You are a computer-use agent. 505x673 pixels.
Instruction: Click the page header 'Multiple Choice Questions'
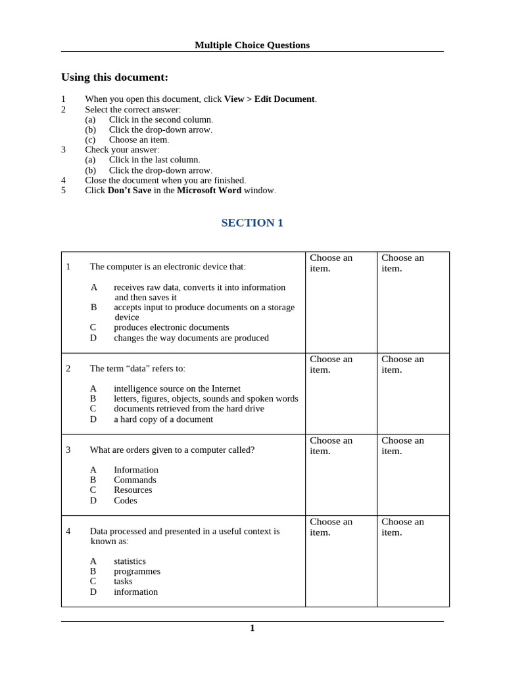(x=252, y=45)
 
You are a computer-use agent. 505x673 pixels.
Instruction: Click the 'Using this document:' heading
(x=114, y=77)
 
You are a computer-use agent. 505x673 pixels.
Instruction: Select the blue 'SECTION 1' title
(x=252, y=223)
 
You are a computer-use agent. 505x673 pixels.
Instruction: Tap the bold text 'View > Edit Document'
(x=270, y=99)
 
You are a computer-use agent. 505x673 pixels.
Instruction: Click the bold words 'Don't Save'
(x=129, y=191)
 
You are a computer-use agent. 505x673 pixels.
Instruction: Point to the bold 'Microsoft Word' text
(x=208, y=191)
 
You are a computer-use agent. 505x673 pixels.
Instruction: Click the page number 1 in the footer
(x=252, y=628)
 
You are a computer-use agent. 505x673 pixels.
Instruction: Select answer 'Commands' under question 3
(x=135, y=480)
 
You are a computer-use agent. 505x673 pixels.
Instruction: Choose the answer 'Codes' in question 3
(x=125, y=500)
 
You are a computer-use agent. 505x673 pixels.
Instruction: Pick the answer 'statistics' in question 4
(x=130, y=561)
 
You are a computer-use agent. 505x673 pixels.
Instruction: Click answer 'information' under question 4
(x=135, y=592)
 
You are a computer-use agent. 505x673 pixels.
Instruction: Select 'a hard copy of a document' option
(x=163, y=419)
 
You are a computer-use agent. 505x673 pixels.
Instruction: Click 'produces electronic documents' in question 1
(x=171, y=327)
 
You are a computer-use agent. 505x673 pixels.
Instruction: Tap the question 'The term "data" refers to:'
(x=137, y=369)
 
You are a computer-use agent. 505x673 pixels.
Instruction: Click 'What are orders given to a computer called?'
(x=172, y=450)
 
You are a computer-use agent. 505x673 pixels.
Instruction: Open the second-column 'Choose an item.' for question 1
(x=331, y=263)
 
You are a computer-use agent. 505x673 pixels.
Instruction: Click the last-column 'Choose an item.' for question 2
(x=402, y=364)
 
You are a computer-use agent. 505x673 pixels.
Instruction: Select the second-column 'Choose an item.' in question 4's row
(x=331, y=527)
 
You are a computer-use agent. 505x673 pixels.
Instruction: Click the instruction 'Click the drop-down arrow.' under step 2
(x=160, y=129)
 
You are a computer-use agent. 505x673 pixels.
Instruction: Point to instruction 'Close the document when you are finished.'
(x=165, y=180)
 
